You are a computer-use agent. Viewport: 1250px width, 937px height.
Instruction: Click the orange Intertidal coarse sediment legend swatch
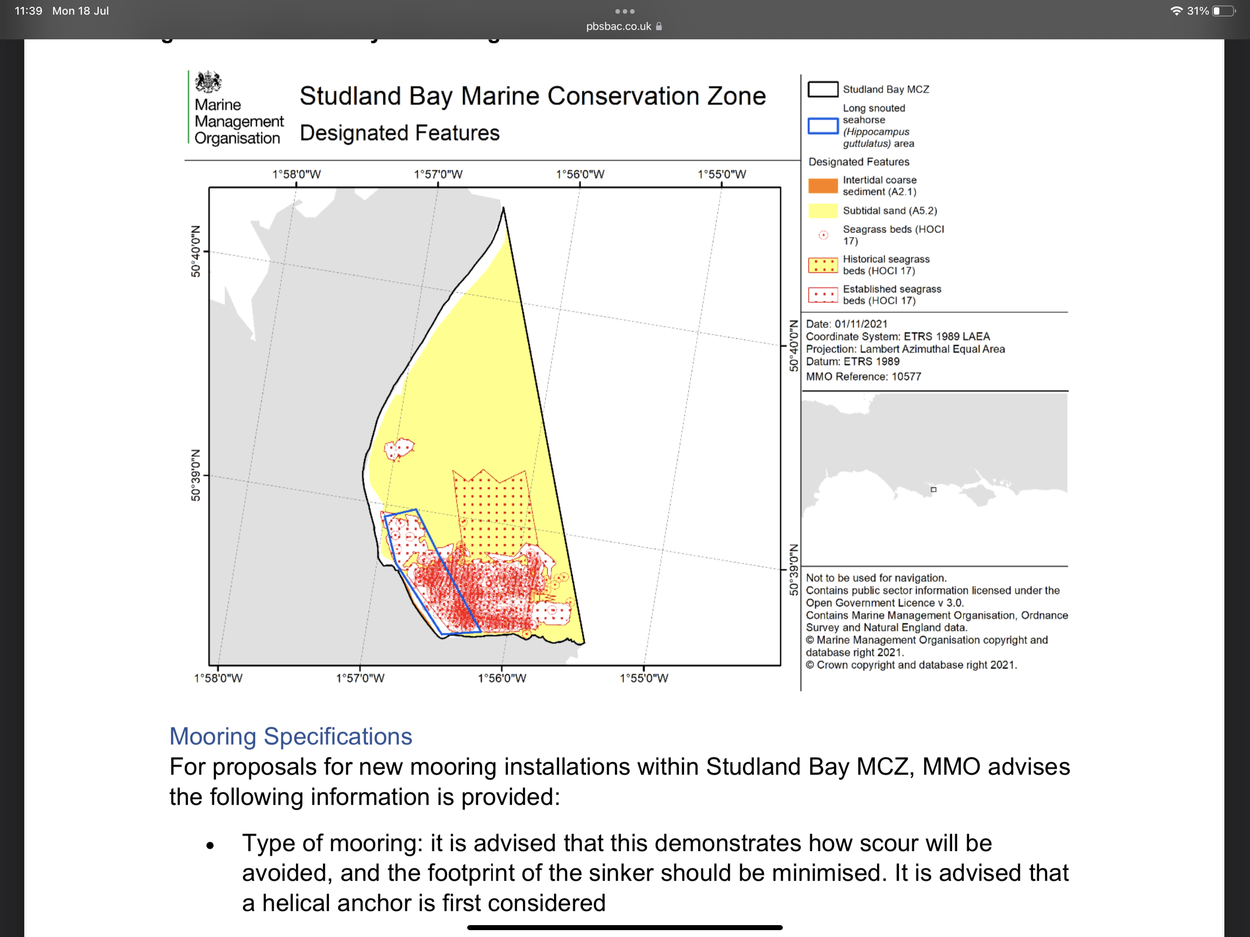pyautogui.click(x=822, y=186)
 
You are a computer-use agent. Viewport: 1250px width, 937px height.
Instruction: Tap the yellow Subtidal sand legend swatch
pyautogui.click(x=822, y=211)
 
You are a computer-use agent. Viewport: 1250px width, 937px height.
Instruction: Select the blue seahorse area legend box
pyautogui.click(x=822, y=126)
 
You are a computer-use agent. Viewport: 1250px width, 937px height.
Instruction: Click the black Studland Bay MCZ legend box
pyautogui.click(x=822, y=89)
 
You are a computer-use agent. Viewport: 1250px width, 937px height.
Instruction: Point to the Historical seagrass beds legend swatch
pyautogui.click(x=822, y=265)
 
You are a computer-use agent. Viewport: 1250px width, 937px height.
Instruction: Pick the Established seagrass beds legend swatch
pyautogui.click(x=822, y=295)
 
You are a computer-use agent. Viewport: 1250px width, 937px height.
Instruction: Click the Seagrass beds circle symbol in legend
pyautogui.click(x=824, y=235)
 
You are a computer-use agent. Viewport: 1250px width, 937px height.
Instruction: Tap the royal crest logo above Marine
pyautogui.click(x=208, y=82)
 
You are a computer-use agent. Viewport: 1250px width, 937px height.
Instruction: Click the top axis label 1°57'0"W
pyautogui.click(x=438, y=174)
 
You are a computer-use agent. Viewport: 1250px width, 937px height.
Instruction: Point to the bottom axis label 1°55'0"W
pyautogui.click(x=644, y=678)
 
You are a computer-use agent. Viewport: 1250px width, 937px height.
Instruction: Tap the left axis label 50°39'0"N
pyautogui.click(x=195, y=475)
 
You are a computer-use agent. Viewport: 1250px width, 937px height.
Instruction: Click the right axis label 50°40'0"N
pyautogui.click(x=793, y=346)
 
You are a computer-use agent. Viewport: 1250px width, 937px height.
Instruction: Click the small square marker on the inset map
pyautogui.click(x=933, y=490)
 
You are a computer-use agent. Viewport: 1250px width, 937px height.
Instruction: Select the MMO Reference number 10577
pyautogui.click(x=906, y=377)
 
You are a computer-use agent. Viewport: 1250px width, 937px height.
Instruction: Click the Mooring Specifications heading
pyautogui.click(x=291, y=736)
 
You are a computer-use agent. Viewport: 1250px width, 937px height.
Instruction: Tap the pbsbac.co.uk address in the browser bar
pyautogui.click(x=618, y=27)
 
